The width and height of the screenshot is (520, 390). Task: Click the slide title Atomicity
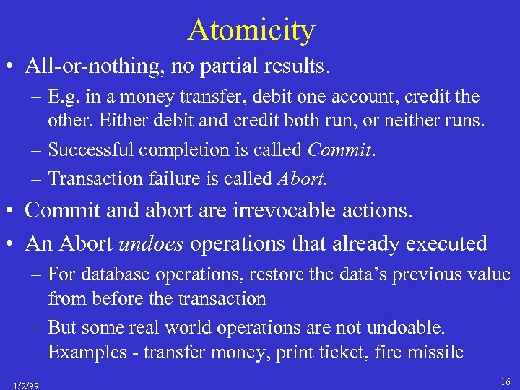[251, 30]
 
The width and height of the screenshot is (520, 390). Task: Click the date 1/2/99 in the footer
[26, 385]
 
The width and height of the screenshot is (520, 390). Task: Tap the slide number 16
[504, 380]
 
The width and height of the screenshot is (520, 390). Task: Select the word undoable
[406, 328]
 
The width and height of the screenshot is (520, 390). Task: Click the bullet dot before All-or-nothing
[12, 67]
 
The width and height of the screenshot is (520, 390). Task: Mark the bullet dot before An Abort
[12, 244]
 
